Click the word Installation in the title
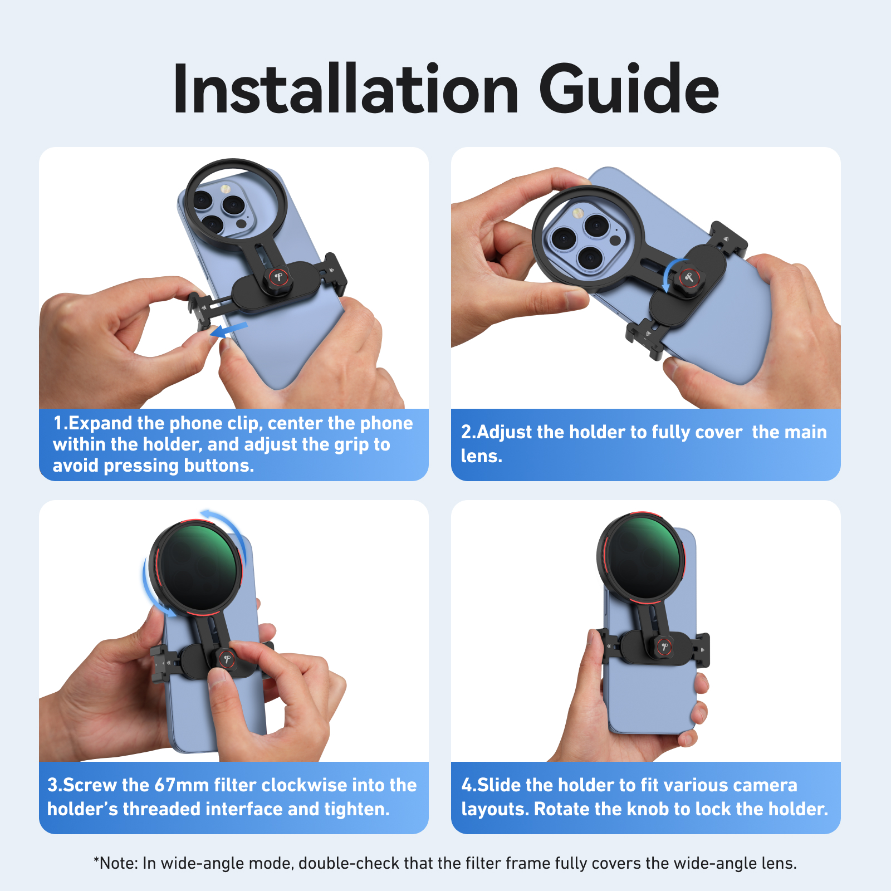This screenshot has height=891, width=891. coord(346,89)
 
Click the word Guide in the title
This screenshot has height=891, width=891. coord(629,89)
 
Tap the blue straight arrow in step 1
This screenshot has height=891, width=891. coord(229,330)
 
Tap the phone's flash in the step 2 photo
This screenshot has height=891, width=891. coord(578,213)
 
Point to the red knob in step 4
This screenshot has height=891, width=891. coord(663,646)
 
